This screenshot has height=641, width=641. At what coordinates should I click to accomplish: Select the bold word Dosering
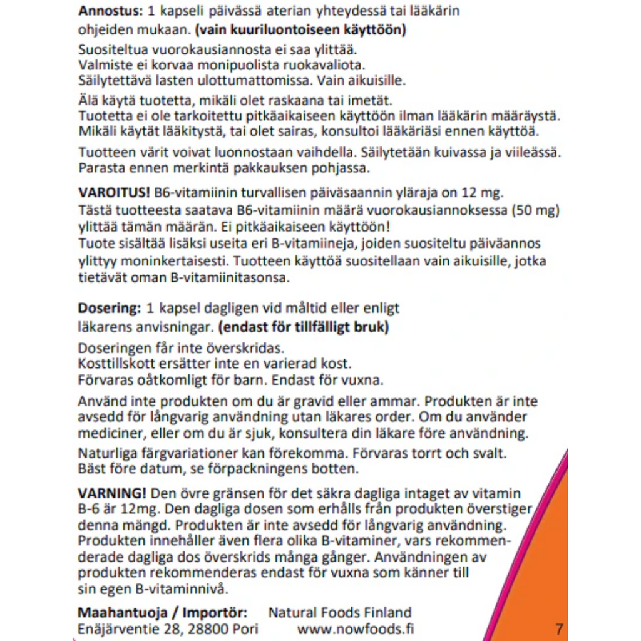104,308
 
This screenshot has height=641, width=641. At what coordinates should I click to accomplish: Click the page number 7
559,628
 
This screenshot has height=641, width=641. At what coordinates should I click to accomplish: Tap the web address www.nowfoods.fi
356,628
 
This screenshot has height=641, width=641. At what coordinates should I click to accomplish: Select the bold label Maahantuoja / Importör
162,612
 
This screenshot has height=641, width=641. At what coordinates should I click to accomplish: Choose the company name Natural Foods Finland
340,612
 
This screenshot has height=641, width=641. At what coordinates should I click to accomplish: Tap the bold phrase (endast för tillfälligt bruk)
304,326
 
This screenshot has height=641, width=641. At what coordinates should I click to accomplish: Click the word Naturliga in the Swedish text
105,453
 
